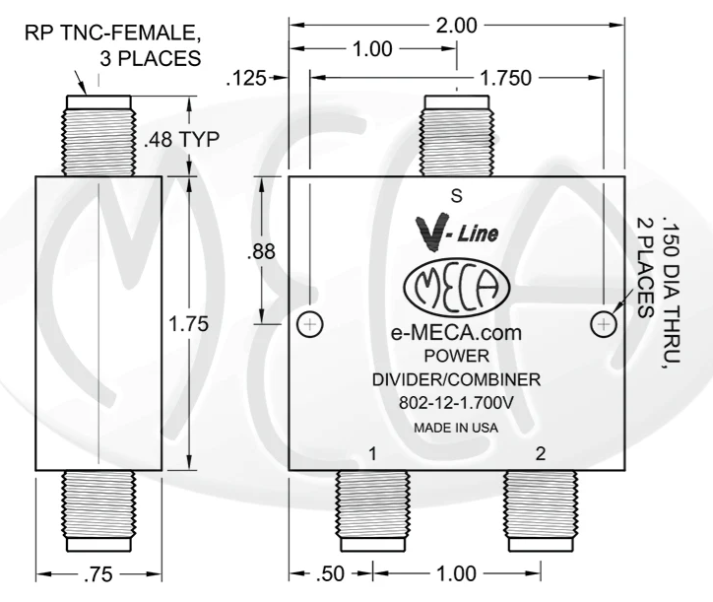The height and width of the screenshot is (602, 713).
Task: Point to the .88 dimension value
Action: point(262,249)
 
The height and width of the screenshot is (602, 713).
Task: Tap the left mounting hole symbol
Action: point(309,323)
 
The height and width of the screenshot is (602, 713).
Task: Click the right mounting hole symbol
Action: point(604,323)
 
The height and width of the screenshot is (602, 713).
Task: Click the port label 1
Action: point(373,454)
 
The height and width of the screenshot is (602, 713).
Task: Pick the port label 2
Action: point(539,454)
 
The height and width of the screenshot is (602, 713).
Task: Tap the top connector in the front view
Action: point(456,135)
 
